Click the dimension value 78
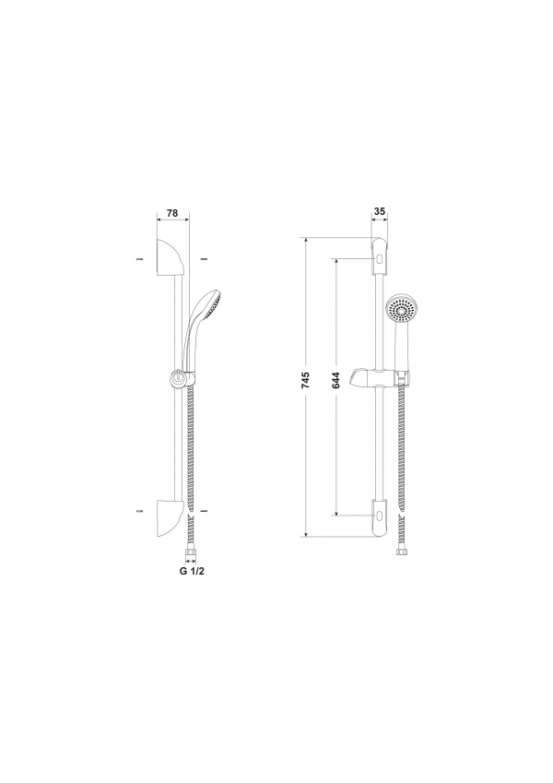172,213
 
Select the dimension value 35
380,211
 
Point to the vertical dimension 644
335,381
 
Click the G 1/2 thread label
192,571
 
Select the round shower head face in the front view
400,309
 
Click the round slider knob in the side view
176,378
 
